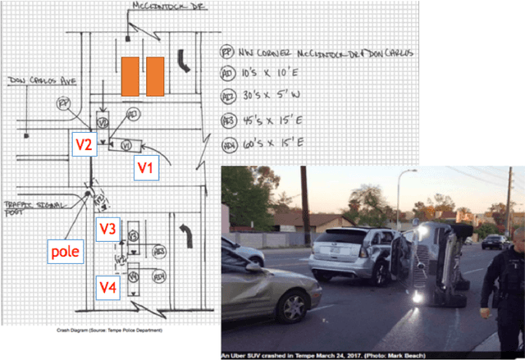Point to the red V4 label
[x=108, y=286]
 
